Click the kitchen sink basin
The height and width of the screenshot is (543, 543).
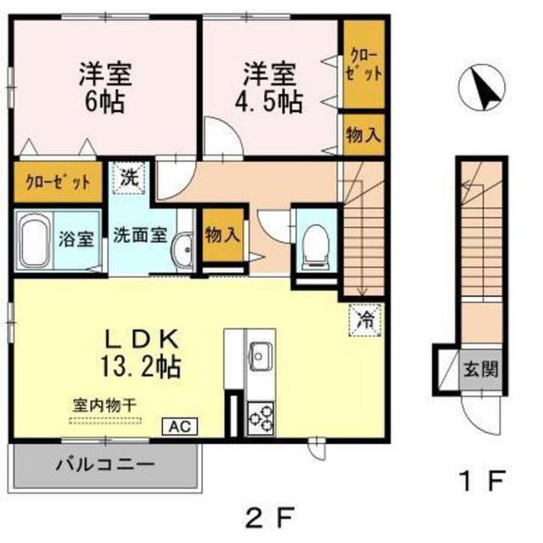260,355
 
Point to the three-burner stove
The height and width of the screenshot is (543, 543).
260,418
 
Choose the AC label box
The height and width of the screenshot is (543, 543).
180,426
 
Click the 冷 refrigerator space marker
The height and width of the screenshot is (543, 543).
366,321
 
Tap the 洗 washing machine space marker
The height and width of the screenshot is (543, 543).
129,178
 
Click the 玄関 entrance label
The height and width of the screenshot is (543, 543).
481,369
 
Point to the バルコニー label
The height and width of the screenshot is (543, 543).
105,464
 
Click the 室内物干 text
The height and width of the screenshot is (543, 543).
104,406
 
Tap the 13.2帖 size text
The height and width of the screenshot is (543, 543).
140,367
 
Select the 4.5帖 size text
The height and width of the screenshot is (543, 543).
269,102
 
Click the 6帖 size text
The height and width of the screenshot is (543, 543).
104,102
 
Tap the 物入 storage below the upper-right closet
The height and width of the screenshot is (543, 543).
364,135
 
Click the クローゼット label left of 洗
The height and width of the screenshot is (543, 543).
59,182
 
